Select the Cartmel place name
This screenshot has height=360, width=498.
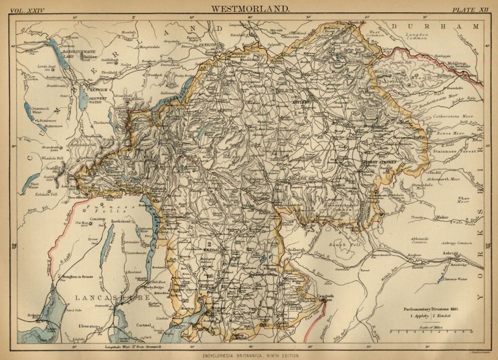click(x=143, y=325)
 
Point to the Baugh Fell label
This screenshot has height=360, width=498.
click(x=330, y=245)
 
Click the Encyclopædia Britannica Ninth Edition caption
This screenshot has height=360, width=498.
click(x=249, y=355)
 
